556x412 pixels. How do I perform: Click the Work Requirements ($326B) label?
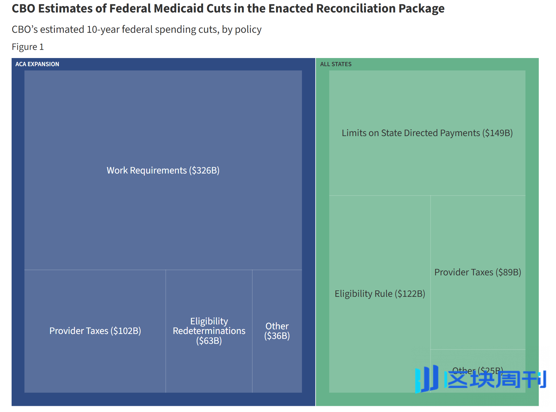pyautogui.click(x=163, y=170)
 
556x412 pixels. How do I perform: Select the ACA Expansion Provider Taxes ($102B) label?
pyautogui.click(x=95, y=331)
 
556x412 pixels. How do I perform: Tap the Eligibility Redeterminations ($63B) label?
pyautogui.click(x=209, y=331)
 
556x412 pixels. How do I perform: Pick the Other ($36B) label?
pyautogui.click(x=277, y=331)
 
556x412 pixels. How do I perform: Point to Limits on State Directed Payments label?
pyautogui.click(x=427, y=133)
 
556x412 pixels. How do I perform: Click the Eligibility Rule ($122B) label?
pyautogui.click(x=380, y=294)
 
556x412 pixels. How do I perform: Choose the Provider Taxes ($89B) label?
pyautogui.click(x=477, y=272)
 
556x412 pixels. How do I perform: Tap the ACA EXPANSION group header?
pyautogui.click(x=37, y=64)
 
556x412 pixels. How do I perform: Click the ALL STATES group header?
pyautogui.click(x=336, y=64)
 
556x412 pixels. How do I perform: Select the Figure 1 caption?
pyautogui.click(x=28, y=47)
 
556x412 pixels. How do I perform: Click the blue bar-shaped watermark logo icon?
pyautogui.click(x=427, y=379)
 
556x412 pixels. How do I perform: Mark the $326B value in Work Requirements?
pyautogui.click(x=204, y=170)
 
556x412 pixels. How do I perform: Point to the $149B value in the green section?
pyautogui.click(x=497, y=133)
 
